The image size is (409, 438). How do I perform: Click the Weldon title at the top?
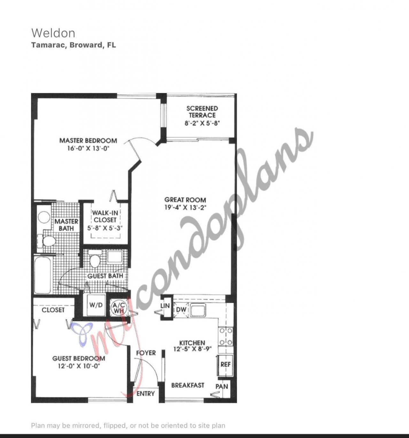point(53,33)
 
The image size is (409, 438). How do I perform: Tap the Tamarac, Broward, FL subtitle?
point(73,45)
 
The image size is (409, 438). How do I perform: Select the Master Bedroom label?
point(88,141)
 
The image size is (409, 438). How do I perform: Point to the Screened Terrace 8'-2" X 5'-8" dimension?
point(202,123)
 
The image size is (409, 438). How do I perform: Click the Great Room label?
point(185,200)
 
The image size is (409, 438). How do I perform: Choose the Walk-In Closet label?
point(105,216)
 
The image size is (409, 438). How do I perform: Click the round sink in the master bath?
point(44,217)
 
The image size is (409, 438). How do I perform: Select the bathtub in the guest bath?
point(42,274)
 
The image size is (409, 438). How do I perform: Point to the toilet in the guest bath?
point(95,260)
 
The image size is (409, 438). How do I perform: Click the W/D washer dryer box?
point(96,305)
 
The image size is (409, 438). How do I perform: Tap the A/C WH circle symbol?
point(119,308)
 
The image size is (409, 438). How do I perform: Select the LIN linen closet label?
point(165,306)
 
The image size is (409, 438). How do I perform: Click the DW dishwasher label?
point(181,310)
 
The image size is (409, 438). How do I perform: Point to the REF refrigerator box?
point(226,364)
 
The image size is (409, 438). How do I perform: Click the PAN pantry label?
point(222,387)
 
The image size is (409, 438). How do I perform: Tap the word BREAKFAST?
point(188,385)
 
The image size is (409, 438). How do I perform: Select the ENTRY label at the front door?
point(146,394)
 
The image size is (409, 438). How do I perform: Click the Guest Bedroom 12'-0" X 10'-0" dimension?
point(79,366)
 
